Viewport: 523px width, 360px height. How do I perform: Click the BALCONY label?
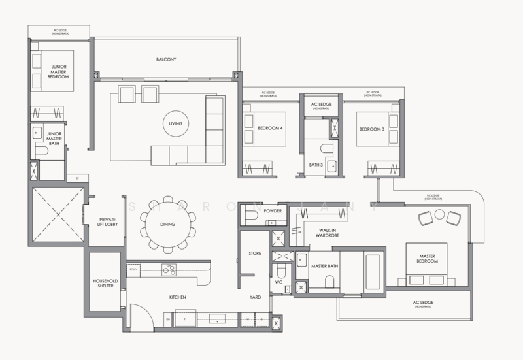pyautogui.click(x=166, y=59)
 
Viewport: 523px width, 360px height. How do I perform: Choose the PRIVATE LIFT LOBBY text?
pyautogui.click(x=107, y=222)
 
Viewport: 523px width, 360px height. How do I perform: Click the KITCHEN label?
pyautogui.click(x=178, y=297)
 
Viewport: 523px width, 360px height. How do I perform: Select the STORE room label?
pyautogui.click(x=255, y=252)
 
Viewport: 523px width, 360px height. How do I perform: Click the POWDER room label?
pyautogui.click(x=273, y=212)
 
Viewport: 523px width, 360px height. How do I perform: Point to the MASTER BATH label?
pyautogui.click(x=323, y=267)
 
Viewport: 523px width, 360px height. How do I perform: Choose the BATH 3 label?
pyautogui.click(x=316, y=165)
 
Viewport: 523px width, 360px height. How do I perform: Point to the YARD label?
pyautogui.click(x=255, y=297)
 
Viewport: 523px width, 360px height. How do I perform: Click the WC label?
pyautogui.click(x=278, y=283)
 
